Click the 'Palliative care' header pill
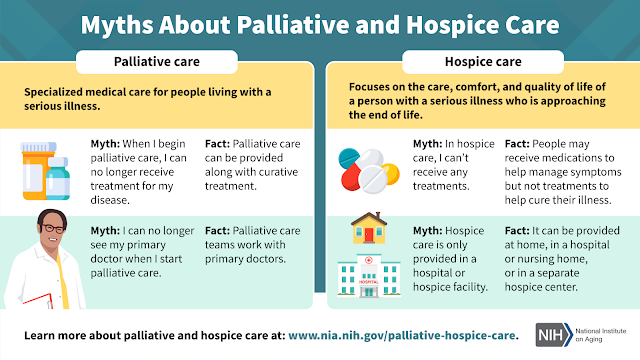(x=157, y=62)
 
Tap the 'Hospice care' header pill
(x=483, y=62)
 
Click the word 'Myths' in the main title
(x=117, y=25)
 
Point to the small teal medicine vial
(x=58, y=178)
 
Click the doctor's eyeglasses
(x=52, y=228)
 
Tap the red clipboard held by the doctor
(x=39, y=301)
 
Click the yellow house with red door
(x=369, y=228)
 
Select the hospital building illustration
(x=369, y=275)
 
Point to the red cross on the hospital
(x=369, y=260)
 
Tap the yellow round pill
(x=391, y=173)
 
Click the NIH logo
(x=554, y=335)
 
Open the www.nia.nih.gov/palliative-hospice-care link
(x=401, y=336)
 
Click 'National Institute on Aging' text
(x=600, y=335)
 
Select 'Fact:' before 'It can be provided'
(x=517, y=231)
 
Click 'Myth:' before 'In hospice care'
(x=427, y=144)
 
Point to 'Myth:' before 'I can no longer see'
(x=105, y=231)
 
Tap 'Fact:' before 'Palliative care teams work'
(x=217, y=231)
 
